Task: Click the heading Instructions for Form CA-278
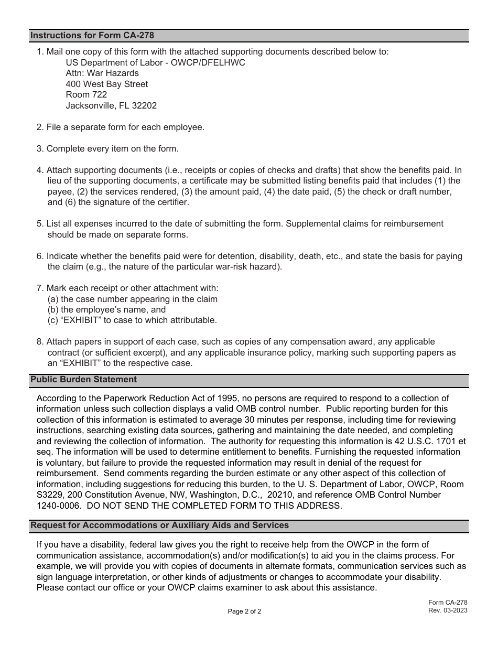(x=92, y=36)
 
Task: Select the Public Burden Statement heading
(x=84, y=380)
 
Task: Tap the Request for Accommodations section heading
(x=160, y=525)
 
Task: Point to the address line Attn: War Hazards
(x=102, y=73)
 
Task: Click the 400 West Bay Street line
(x=107, y=84)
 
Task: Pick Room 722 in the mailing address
(x=86, y=95)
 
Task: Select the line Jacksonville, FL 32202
(x=111, y=106)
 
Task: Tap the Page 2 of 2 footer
(x=244, y=611)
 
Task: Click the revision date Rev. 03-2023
(x=448, y=610)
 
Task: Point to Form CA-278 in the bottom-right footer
(x=447, y=603)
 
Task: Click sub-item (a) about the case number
(x=132, y=299)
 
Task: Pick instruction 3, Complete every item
(x=107, y=149)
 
